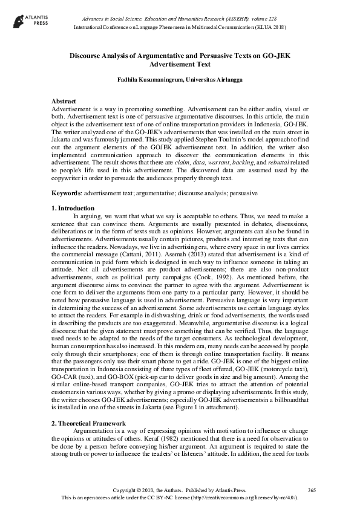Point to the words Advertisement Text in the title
point(180,65)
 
